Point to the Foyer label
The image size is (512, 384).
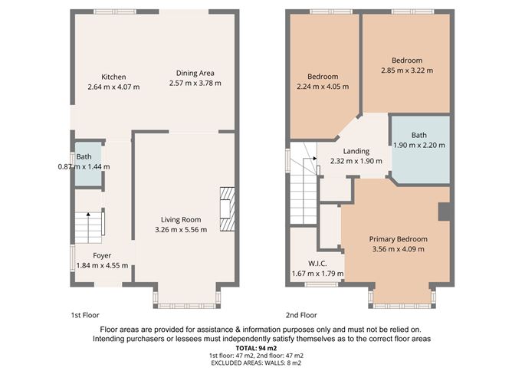(102, 255)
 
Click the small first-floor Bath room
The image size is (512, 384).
(87, 163)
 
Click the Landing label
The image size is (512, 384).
(356, 151)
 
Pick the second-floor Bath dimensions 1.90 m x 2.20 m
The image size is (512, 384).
(418, 145)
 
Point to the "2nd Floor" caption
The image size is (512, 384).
(300, 315)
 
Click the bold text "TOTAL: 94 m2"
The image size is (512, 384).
(255, 347)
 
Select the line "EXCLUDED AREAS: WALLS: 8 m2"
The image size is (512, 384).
(255, 364)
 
